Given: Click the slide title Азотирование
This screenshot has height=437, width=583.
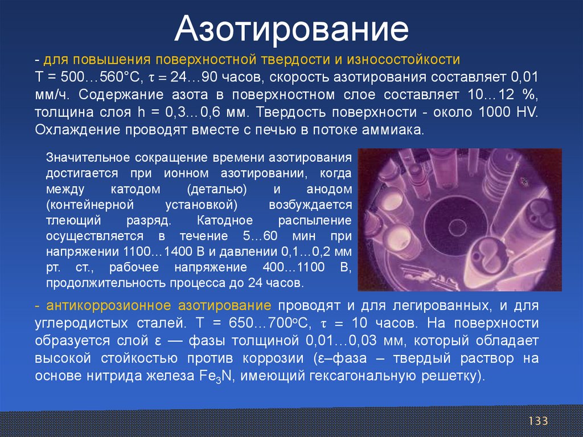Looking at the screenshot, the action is [x=291, y=30].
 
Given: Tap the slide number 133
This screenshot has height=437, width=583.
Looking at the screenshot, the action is [x=538, y=421].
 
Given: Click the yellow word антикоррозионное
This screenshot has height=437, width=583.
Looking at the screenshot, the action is [x=108, y=305].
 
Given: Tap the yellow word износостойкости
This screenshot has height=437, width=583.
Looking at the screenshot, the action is [x=404, y=60].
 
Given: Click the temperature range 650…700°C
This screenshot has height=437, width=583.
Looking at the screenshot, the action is [x=268, y=322].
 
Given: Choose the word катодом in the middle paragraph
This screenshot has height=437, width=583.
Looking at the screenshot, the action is [x=136, y=189].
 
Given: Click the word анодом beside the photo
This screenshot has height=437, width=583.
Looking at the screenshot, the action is [x=329, y=189].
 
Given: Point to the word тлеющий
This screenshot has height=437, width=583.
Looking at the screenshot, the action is [x=73, y=220].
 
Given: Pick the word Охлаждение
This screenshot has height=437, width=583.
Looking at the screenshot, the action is [x=77, y=130].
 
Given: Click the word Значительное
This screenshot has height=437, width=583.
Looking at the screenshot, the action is [x=88, y=158].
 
